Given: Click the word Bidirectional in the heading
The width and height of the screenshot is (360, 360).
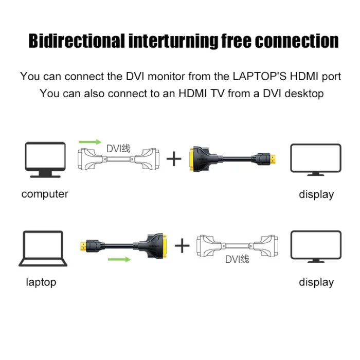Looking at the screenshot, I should click(77, 41).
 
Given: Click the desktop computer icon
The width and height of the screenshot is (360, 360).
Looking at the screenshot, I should click(45, 159).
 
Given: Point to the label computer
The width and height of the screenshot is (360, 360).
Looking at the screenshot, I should click(45, 194).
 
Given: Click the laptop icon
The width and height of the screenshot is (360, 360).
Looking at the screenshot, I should click(44, 249).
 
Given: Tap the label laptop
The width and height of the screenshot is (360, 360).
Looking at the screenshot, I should click(41, 282).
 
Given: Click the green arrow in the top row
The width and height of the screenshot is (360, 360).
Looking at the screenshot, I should click(90, 141).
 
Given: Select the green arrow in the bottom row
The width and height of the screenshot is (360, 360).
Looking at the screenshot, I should click(119, 259).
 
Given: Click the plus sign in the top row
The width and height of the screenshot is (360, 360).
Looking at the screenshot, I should click(174, 159).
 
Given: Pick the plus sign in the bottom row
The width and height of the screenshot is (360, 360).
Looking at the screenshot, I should click(182, 246).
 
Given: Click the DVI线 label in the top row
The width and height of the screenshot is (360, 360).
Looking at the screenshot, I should click(118, 149).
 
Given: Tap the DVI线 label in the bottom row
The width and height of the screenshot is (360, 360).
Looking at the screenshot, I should click(237, 259).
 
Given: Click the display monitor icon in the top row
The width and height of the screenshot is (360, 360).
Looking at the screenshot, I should click(316, 159).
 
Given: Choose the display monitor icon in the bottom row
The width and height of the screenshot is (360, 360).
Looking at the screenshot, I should click(316, 246).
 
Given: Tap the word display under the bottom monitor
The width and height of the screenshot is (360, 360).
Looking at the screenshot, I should click(316, 282).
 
